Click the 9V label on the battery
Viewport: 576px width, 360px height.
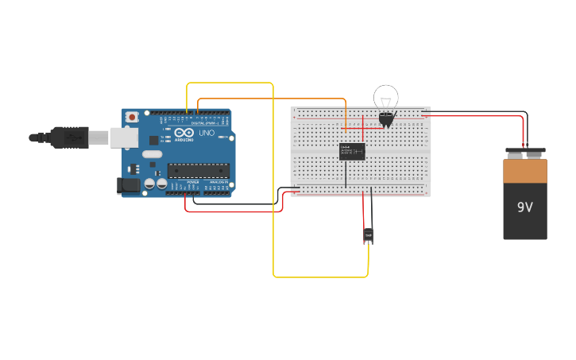[x=524, y=207]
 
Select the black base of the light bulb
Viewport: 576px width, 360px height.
[x=386, y=119]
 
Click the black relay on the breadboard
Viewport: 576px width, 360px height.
[x=351, y=151]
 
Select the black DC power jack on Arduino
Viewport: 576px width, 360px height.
[x=128, y=186]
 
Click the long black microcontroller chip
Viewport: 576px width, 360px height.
[x=198, y=170]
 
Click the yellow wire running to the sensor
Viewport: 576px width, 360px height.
[x=273, y=199]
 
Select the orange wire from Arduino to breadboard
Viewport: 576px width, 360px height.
[x=270, y=99]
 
